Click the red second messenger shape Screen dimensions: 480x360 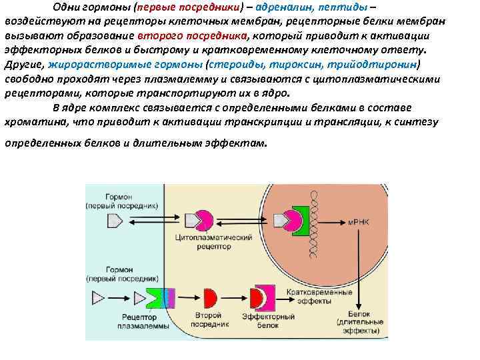(210, 296)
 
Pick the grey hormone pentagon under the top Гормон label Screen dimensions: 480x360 (114, 219)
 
